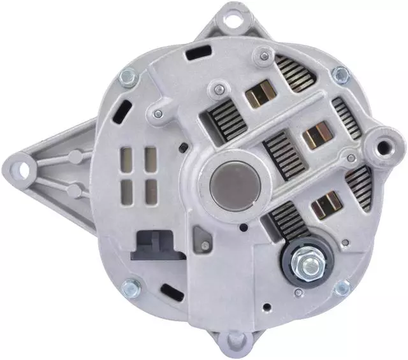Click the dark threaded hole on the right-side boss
(x=384, y=145)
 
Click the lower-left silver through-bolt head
(x=130, y=288)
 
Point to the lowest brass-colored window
(x=326, y=205)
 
